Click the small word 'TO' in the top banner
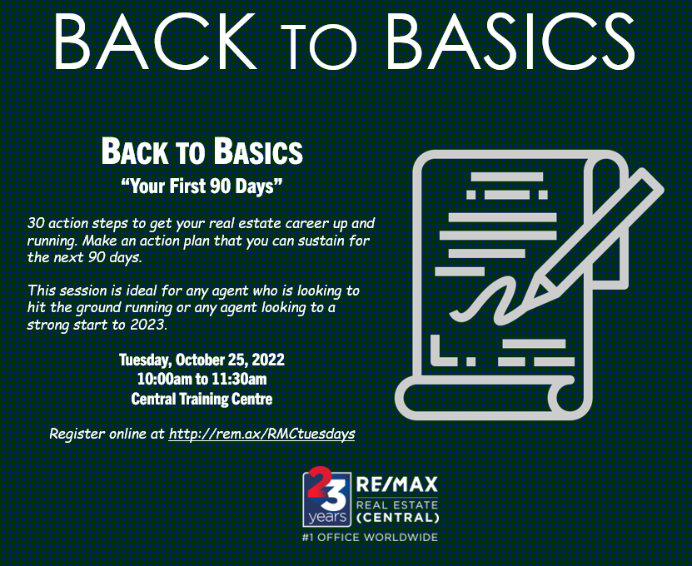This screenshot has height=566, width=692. (x=319, y=47)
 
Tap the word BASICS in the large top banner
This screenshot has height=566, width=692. (x=510, y=41)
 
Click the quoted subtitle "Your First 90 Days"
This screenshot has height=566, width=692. (x=202, y=186)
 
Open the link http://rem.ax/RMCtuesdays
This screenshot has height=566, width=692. (x=261, y=434)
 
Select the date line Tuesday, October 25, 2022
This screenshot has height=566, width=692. (x=202, y=360)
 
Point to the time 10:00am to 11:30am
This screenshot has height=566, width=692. (x=202, y=379)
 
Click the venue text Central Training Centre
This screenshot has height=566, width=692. (x=202, y=399)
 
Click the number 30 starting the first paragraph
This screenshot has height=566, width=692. (x=36, y=223)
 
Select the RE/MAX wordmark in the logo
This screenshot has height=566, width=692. (x=396, y=484)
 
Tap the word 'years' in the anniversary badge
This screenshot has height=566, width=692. (x=327, y=516)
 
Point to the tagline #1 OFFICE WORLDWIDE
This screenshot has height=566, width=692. (x=370, y=538)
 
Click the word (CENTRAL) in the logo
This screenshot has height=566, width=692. (x=397, y=517)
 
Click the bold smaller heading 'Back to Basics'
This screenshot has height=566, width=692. (x=202, y=151)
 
